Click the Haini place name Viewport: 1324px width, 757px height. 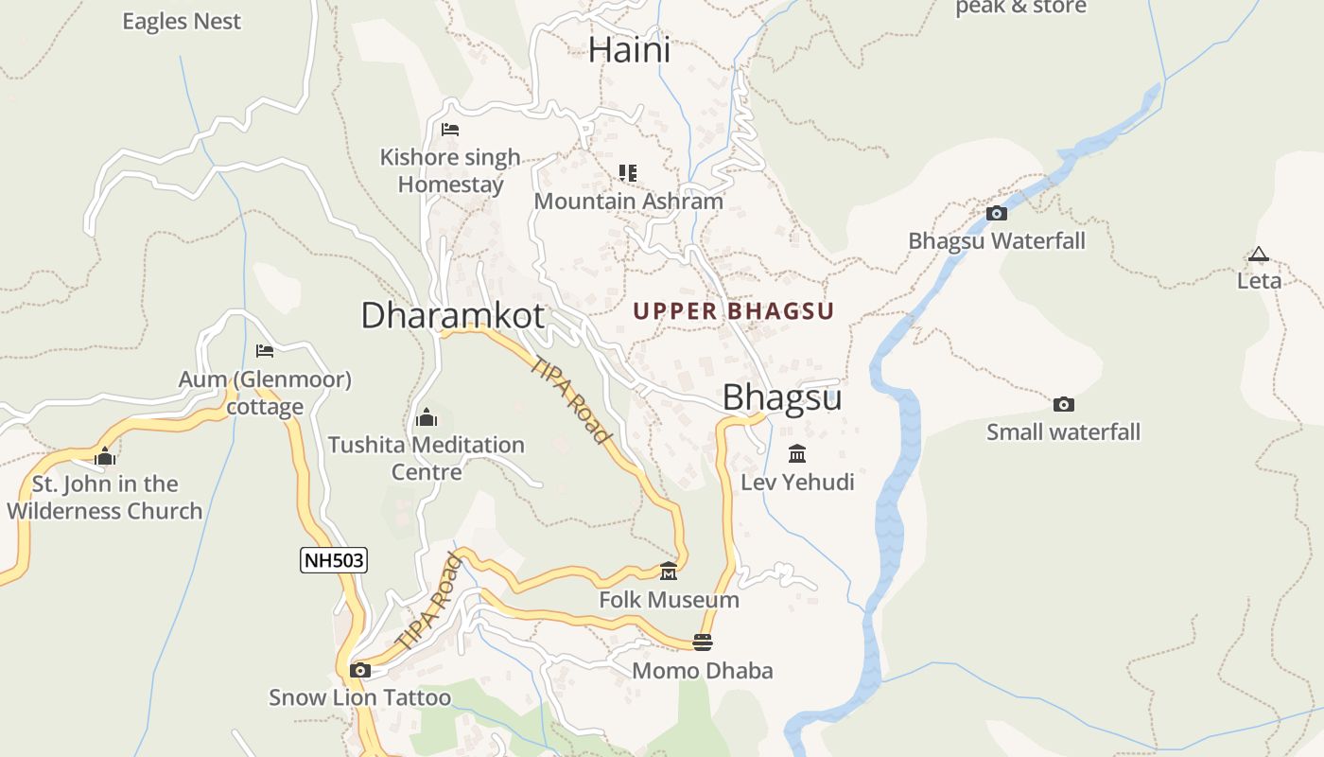click(629, 50)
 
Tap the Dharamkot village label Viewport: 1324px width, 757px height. click(452, 315)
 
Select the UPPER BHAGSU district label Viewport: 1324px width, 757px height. click(733, 311)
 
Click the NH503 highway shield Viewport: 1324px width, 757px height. click(334, 560)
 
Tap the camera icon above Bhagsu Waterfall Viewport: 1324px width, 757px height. click(997, 213)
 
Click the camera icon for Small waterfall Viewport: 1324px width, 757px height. click(1064, 404)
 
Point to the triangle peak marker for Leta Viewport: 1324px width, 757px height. click(1258, 255)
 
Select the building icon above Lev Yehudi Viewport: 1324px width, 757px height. click(797, 454)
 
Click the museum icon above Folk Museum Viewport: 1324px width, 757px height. click(669, 571)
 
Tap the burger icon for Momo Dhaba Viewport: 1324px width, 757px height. click(702, 643)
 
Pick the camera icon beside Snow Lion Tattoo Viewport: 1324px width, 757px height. click(359, 670)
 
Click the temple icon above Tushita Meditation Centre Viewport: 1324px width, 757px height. click(426, 417)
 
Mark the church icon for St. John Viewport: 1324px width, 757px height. click(104, 457)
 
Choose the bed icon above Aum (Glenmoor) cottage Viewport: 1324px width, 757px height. click(265, 351)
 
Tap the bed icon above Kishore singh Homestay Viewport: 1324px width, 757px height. click(450, 130)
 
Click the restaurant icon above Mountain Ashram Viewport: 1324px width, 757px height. click(628, 172)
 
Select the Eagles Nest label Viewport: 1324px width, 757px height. click(182, 21)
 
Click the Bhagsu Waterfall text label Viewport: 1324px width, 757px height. click(997, 241)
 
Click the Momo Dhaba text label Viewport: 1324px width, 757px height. click(702, 671)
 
